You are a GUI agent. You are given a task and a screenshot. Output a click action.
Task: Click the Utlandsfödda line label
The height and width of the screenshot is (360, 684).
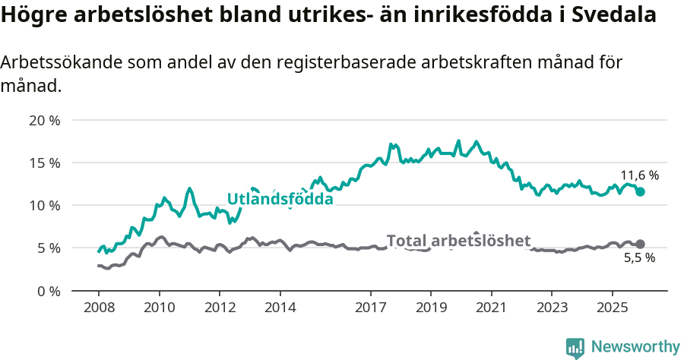click(280, 199)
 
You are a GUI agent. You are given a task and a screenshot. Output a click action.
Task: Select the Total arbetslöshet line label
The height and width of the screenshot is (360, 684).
click(458, 241)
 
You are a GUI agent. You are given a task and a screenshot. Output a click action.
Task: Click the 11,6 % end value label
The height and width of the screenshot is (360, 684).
click(639, 175)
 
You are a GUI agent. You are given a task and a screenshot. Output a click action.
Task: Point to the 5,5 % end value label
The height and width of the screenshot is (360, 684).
click(639, 258)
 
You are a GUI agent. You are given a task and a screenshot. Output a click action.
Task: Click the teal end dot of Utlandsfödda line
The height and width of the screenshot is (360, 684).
click(640, 192)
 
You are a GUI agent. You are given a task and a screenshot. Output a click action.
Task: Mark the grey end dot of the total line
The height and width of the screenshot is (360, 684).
click(640, 244)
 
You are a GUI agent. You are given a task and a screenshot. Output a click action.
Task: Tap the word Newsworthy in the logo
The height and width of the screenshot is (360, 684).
click(635, 347)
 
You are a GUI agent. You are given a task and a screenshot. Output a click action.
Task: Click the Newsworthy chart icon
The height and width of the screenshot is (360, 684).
click(575, 348)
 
